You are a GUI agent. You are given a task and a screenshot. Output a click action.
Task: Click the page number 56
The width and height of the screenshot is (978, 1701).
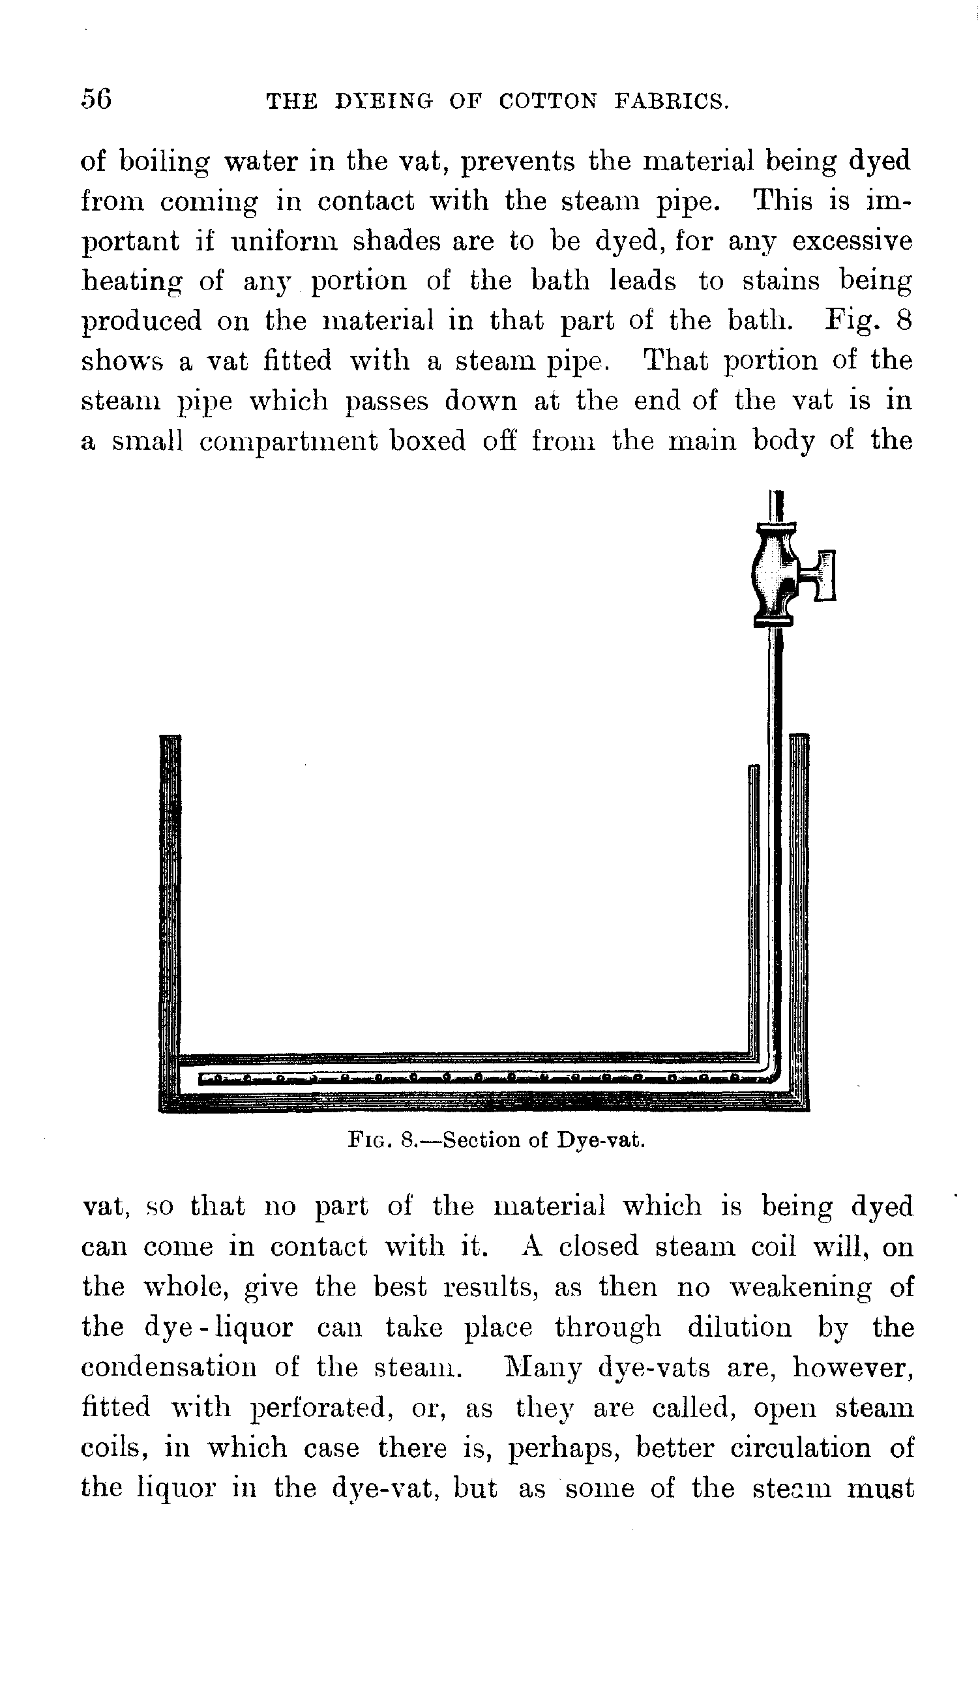96,98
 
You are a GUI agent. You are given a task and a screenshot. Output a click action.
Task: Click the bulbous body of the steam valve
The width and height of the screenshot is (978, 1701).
773,575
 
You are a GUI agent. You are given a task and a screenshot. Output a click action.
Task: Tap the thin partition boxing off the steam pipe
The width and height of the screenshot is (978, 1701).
754,907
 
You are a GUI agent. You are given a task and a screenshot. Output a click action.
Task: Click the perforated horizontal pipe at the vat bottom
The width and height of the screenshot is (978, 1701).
470,1080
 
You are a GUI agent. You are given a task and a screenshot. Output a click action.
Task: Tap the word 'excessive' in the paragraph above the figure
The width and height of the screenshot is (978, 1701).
852,242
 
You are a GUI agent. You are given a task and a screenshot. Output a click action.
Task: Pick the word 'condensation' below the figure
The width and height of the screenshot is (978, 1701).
169,1367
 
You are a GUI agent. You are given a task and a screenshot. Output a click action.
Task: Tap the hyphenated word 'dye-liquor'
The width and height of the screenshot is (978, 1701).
219,1327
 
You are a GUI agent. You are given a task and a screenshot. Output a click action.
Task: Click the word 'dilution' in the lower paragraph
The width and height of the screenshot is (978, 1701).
739,1327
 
